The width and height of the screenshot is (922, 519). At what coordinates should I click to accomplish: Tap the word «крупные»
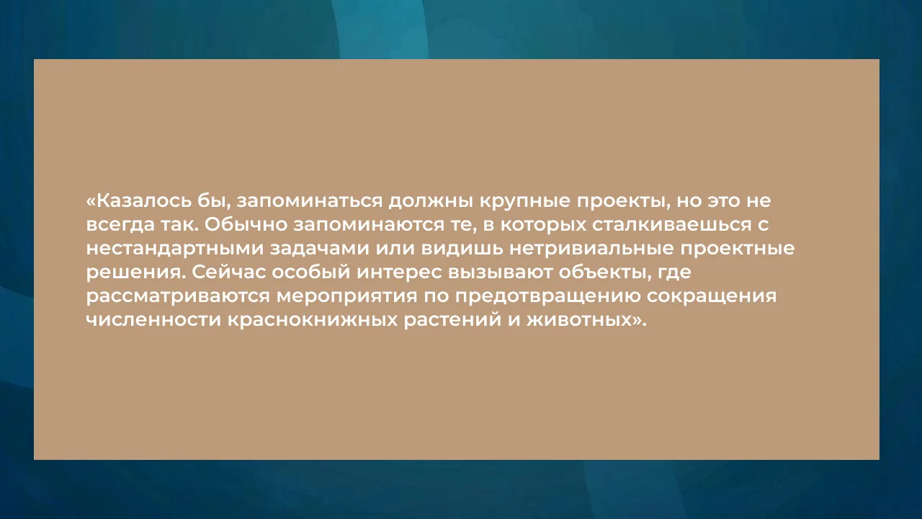pyautogui.click(x=525, y=202)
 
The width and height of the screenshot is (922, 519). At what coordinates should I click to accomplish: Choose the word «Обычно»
pyautogui.click(x=246, y=225)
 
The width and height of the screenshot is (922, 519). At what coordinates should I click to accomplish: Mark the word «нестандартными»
pyautogui.click(x=175, y=249)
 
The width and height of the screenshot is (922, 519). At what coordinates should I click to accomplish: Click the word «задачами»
pyautogui.click(x=320, y=249)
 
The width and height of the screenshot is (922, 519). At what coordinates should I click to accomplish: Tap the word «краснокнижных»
pyautogui.click(x=313, y=320)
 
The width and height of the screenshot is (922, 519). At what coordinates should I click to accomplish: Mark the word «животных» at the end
pyautogui.click(x=579, y=320)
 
